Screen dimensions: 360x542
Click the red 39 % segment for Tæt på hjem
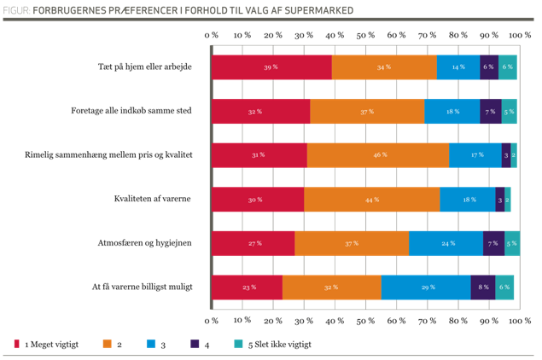coord(271,67)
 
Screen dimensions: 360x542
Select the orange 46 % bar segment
coord(378,154)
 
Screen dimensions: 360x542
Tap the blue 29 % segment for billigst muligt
coord(426,287)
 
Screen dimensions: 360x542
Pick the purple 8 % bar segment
coord(483,287)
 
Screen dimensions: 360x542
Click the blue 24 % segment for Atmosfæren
coord(446,243)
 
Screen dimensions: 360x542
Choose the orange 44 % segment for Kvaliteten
coord(371,199)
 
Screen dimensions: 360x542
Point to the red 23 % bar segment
coord(247,287)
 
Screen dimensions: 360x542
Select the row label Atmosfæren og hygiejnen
coord(143,243)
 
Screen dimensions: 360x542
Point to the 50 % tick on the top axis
coord(366,35)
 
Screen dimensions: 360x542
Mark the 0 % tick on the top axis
coord(212,35)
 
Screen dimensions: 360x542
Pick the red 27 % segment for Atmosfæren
coord(254,243)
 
